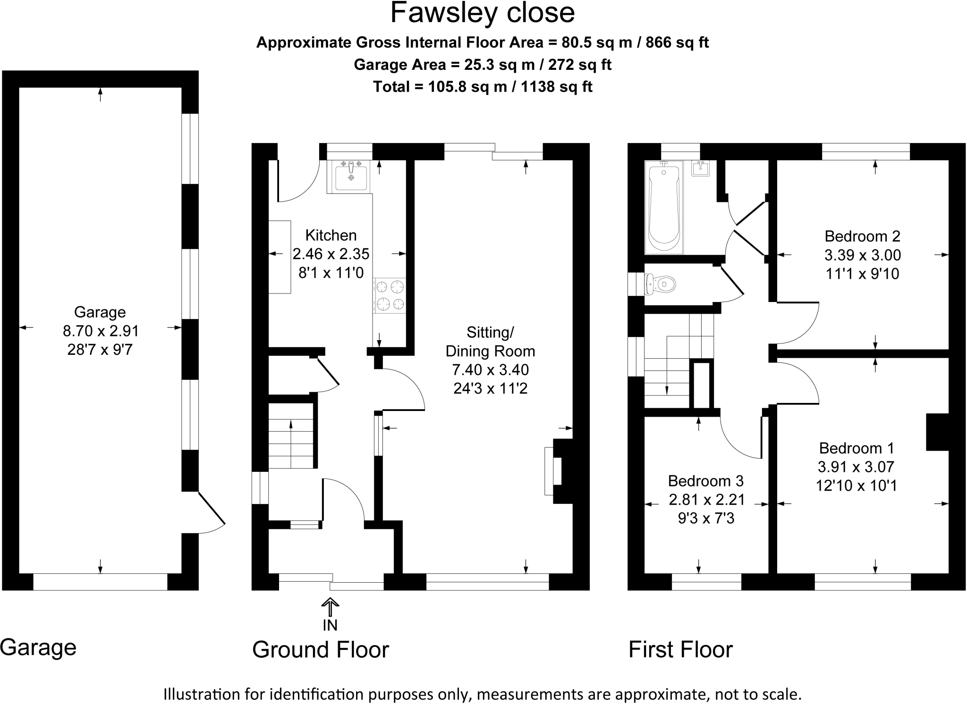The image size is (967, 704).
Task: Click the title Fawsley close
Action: click(x=482, y=13)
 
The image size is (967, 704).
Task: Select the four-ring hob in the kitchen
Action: click(x=390, y=295)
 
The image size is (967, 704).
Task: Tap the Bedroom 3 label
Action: click(x=705, y=481)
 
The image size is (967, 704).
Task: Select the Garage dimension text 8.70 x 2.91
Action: click(x=101, y=331)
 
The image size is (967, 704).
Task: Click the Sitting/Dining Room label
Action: click(x=490, y=342)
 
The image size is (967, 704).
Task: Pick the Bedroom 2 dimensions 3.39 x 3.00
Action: click(x=862, y=255)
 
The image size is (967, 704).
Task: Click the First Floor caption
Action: click(x=680, y=649)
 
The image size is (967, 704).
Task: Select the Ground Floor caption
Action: click(x=320, y=649)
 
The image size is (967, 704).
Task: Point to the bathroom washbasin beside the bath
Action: click(x=701, y=168)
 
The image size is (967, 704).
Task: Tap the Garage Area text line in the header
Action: click(x=482, y=65)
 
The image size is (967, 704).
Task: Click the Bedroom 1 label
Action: click(x=856, y=448)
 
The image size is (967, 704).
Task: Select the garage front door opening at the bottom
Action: click(x=100, y=582)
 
